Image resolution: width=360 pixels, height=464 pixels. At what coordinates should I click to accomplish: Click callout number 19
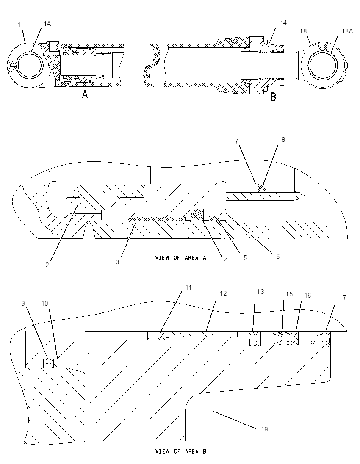(264, 429)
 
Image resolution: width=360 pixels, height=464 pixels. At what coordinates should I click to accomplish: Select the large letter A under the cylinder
(85, 94)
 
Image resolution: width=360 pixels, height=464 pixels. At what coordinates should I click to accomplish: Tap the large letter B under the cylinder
(273, 97)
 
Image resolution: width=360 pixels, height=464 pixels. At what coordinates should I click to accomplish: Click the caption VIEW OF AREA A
(180, 258)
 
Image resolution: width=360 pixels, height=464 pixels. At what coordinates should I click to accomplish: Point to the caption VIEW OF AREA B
(180, 452)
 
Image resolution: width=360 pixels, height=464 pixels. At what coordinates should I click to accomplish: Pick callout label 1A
(47, 24)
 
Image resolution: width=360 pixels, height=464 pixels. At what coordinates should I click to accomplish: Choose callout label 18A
(347, 31)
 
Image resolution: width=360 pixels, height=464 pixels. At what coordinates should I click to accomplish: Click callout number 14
(283, 23)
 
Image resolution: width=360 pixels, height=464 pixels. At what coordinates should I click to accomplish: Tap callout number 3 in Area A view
(118, 262)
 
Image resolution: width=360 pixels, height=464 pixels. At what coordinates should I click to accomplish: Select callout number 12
(223, 293)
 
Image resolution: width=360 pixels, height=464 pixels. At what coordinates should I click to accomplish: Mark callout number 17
(342, 297)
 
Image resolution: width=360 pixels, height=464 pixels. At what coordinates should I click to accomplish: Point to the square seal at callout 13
(254, 339)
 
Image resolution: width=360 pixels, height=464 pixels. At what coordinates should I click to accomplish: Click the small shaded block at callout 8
(262, 188)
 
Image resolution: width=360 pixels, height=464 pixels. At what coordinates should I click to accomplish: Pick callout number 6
(278, 256)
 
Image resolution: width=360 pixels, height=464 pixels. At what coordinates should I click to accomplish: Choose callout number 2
(47, 265)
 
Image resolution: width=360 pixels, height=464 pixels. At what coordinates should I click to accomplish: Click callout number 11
(188, 287)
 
